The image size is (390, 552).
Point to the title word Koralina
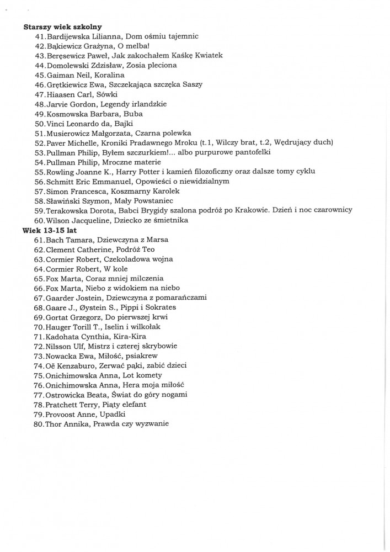coord(109,75)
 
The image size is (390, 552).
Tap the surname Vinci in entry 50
coord(55,123)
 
